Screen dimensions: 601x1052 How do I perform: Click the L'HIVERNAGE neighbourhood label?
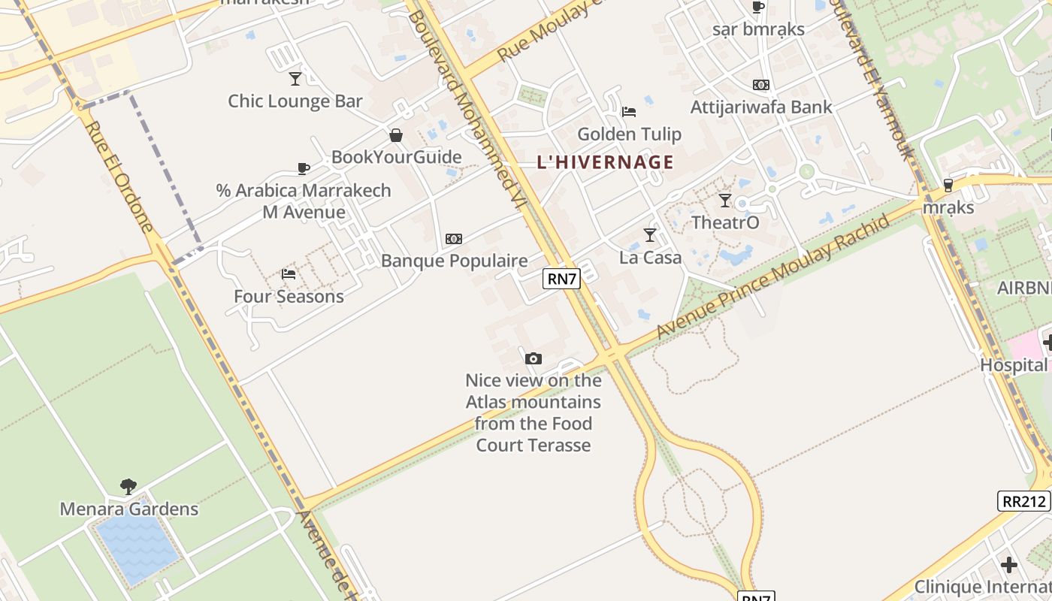[x=605, y=162]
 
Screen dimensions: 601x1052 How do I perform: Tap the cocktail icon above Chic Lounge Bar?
[x=295, y=78]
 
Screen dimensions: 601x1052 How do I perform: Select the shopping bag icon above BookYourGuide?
[x=396, y=135]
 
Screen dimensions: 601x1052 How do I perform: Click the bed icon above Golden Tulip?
[x=629, y=112]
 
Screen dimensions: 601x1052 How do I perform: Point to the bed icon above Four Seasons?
[x=289, y=274]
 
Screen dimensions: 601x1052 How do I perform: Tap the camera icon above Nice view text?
[x=534, y=358]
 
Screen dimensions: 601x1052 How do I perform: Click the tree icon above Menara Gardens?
[x=128, y=487]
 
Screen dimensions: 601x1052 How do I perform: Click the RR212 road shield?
[x=1023, y=501]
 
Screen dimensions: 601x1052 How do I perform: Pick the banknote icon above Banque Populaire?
[x=454, y=239]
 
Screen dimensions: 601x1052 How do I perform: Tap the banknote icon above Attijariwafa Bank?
[x=761, y=85]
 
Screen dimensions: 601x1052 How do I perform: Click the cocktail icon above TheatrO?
[x=725, y=201]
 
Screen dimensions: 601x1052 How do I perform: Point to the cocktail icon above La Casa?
[x=650, y=235]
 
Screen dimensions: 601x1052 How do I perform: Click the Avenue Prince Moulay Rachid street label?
[x=774, y=276]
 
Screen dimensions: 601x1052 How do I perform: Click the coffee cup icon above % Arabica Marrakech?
[x=304, y=168]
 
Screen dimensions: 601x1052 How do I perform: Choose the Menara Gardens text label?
[x=129, y=509]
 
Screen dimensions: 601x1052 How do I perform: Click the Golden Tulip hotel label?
[x=629, y=134]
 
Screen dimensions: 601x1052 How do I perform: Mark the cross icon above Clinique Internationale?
[x=1009, y=564]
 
